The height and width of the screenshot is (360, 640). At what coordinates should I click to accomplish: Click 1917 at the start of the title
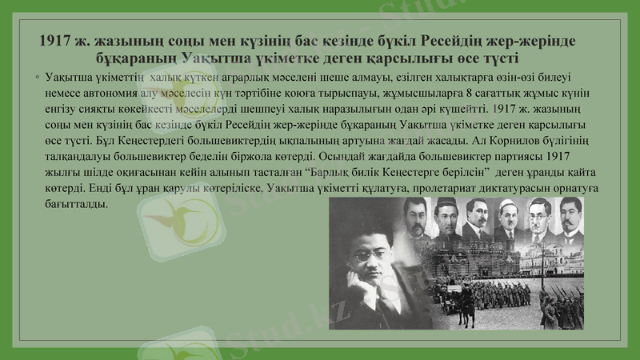(58, 42)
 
